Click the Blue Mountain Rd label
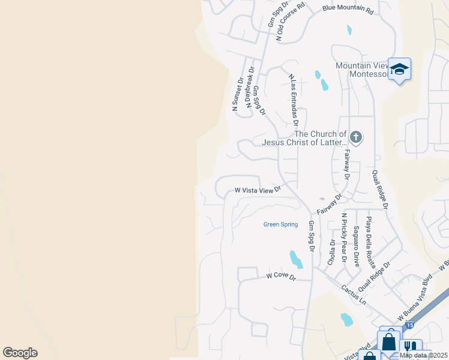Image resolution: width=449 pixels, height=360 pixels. pyautogui.click(x=348, y=10)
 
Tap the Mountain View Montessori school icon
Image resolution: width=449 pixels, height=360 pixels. pyautogui.click(x=399, y=69)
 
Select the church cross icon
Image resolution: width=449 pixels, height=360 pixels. pyautogui.click(x=355, y=137)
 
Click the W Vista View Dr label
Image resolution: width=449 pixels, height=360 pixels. pyautogui.click(x=258, y=190)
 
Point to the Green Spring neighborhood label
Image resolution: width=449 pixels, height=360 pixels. pyautogui.click(x=280, y=224)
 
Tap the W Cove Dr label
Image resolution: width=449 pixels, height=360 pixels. pyautogui.click(x=282, y=277)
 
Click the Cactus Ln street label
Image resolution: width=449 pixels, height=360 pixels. pyautogui.click(x=354, y=294)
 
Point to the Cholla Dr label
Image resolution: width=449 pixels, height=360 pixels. pyautogui.click(x=331, y=253)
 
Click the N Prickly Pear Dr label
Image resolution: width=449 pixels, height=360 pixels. pyautogui.click(x=345, y=238)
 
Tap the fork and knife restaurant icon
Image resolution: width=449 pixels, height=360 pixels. pyautogui.click(x=411, y=348)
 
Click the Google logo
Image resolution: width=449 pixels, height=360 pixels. pyautogui.click(x=20, y=353)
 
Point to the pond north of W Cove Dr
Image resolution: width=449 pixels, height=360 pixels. pyautogui.click(x=296, y=259)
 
